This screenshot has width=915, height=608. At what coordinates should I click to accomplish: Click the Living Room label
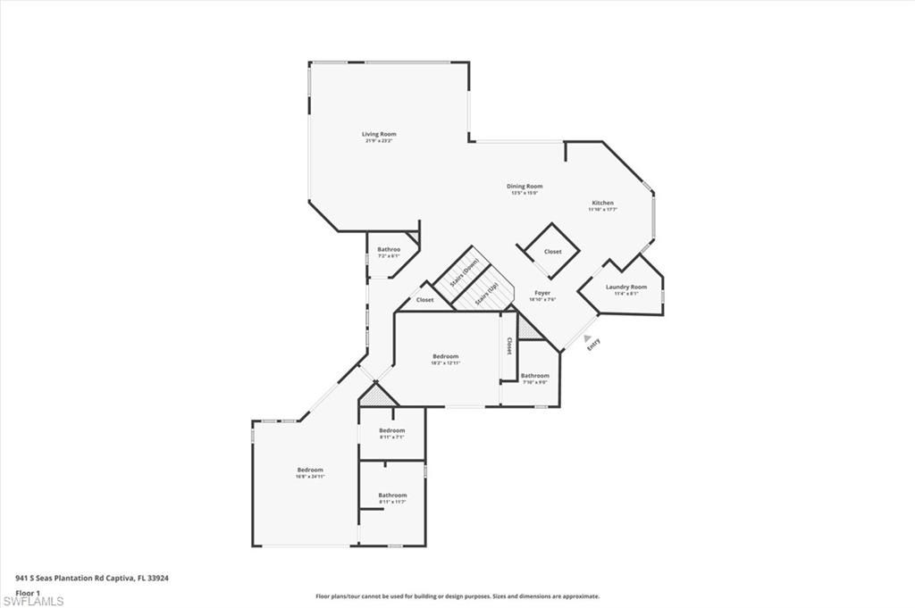click(379, 134)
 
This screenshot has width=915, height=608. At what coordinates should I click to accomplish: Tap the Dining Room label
click(526, 187)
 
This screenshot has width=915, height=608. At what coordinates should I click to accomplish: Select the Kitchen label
click(602, 203)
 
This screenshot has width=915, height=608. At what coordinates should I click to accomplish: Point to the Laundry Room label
click(625, 287)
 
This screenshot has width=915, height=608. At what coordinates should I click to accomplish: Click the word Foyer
click(542, 293)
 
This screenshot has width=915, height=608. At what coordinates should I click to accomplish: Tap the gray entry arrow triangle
click(587, 338)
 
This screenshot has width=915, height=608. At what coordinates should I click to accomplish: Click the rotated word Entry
click(593, 345)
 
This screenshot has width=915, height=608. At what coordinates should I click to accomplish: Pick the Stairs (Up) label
click(487, 295)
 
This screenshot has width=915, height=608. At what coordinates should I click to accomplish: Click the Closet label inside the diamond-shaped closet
click(553, 252)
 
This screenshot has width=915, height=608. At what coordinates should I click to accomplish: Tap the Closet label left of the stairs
click(424, 300)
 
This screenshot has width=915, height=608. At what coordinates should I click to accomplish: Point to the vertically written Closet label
click(509, 346)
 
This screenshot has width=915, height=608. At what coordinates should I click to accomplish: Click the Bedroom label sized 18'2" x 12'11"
click(445, 356)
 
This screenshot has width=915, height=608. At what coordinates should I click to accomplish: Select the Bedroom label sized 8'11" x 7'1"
click(391, 430)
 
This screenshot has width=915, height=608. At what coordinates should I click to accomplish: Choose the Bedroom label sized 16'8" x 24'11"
click(310, 470)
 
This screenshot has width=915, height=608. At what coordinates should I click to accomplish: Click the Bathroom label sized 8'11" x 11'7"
click(392, 495)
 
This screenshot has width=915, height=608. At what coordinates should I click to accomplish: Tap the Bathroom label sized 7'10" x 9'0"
click(535, 376)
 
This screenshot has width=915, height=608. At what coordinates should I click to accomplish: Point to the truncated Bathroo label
click(388, 249)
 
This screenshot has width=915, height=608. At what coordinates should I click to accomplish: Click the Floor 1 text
click(29, 592)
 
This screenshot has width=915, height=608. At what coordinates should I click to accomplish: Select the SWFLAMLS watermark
click(33, 602)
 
